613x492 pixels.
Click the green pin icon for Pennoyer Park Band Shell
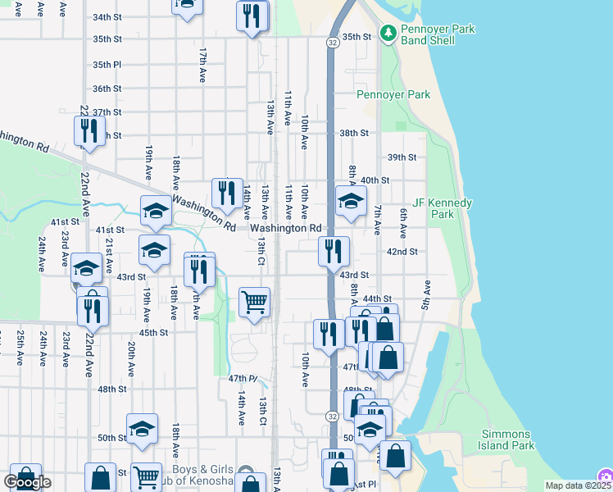(x=388, y=34)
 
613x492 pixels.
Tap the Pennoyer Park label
(x=393, y=95)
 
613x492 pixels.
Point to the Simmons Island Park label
(x=507, y=440)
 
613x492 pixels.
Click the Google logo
(x=27, y=482)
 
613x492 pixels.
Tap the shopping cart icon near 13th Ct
(x=254, y=302)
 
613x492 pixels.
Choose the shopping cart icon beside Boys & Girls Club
(x=146, y=476)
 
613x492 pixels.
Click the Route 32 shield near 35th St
(x=332, y=41)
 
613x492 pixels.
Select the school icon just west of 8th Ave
(x=350, y=201)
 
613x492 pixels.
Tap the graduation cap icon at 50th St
(x=142, y=428)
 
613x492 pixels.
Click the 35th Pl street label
(x=107, y=65)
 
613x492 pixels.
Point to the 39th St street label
(x=402, y=157)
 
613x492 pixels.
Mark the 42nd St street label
(x=402, y=252)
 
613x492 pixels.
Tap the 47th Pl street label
(x=243, y=378)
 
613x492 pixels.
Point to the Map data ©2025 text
(x=570, y=485)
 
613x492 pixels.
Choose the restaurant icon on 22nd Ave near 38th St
(x=89, y=131)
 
